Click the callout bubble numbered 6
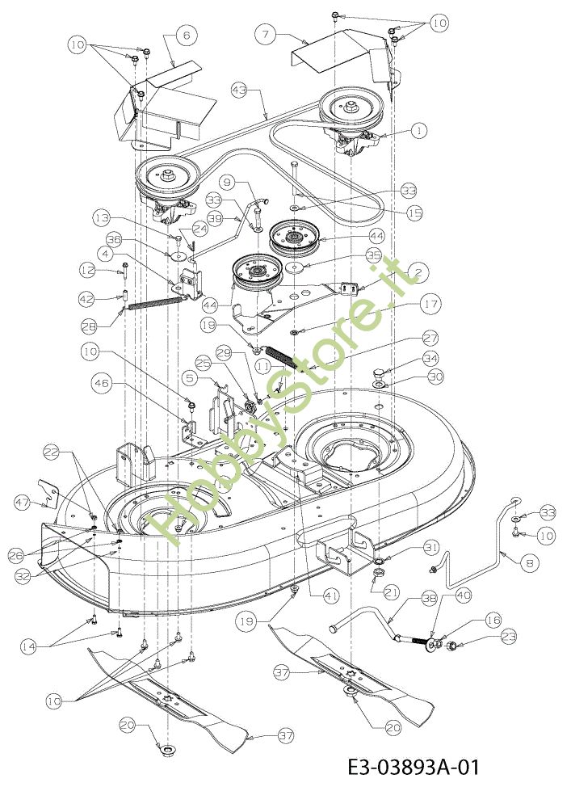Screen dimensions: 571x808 tap(187, 35)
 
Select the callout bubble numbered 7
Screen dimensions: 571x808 tap(265, 35)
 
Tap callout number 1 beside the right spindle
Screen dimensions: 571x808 tap(419, 131)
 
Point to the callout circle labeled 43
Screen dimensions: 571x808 tap(239, 90)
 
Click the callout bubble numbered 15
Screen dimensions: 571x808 tap(414, 213)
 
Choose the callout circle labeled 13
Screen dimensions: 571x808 tap(103, 218)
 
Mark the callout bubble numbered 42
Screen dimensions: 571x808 tap(87, 298)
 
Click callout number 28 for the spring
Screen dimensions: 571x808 tap(90, 326)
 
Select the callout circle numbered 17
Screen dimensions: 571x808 tap(430, 304)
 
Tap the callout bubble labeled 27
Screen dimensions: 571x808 tap(430, 339)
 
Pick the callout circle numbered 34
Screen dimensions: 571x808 tap(430, 359)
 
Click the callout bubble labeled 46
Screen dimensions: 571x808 tap(102, 383)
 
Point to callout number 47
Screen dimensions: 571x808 tap(22, 503)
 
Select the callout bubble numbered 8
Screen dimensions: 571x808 tap(530, 564)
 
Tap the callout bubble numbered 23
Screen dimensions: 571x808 tap(508, 637)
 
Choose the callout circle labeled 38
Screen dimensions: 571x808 tap(429, 599)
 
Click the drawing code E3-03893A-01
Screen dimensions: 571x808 tap(414, 768)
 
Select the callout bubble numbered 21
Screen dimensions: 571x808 tap(392, 592)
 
